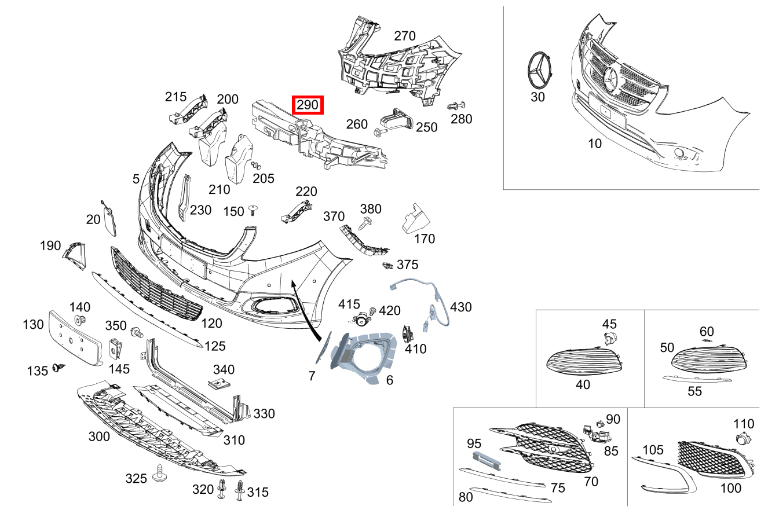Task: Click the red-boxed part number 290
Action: tap(307, 105)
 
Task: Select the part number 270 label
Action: tap(404, 36)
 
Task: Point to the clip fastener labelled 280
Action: tap(456, 107)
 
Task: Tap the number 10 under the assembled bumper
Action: tap(595, 144)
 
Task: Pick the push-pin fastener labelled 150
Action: tap(253, 209)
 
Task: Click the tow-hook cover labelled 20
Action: tap(108, 218)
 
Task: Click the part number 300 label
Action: tap(99, 436)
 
